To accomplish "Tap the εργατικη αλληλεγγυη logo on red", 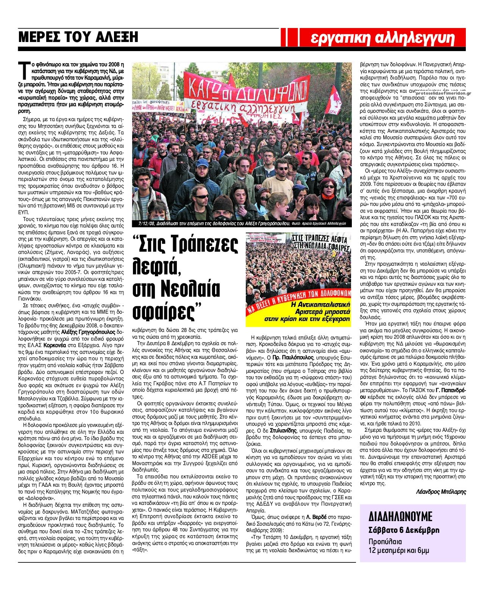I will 383,38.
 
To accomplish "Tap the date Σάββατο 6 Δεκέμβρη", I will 404,530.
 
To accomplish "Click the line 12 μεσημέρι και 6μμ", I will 399,550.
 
